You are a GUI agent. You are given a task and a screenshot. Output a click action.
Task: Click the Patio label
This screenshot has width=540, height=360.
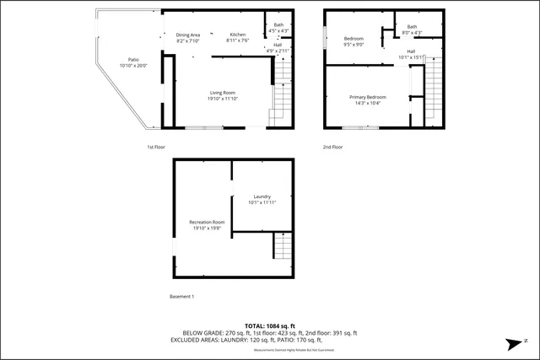133,62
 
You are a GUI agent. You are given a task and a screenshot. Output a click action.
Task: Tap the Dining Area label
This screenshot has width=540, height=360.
187,37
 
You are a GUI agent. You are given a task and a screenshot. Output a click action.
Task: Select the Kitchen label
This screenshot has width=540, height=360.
238,37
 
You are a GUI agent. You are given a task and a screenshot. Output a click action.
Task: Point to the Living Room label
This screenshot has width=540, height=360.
223,95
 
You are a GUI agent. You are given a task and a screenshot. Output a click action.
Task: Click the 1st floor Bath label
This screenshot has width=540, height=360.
278,28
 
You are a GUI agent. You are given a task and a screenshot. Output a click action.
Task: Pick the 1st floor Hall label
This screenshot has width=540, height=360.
278,48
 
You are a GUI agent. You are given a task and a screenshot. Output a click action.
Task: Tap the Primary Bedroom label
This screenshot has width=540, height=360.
368,99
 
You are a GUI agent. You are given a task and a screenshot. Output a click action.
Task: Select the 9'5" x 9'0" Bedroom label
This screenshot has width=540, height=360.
354,42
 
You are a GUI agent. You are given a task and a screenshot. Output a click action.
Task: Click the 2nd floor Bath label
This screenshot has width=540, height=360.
412,30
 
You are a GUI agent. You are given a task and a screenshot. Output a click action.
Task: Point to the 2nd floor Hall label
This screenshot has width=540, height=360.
411,56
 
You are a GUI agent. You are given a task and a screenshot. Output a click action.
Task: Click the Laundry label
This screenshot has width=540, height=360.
262,199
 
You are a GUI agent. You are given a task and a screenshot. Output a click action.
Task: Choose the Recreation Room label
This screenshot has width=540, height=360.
207,224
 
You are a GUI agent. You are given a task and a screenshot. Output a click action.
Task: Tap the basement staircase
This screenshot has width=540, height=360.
283,247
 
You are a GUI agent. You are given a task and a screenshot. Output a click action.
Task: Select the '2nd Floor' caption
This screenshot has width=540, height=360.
332,147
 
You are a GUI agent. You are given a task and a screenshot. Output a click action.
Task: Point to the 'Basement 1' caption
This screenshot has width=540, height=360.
181,296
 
